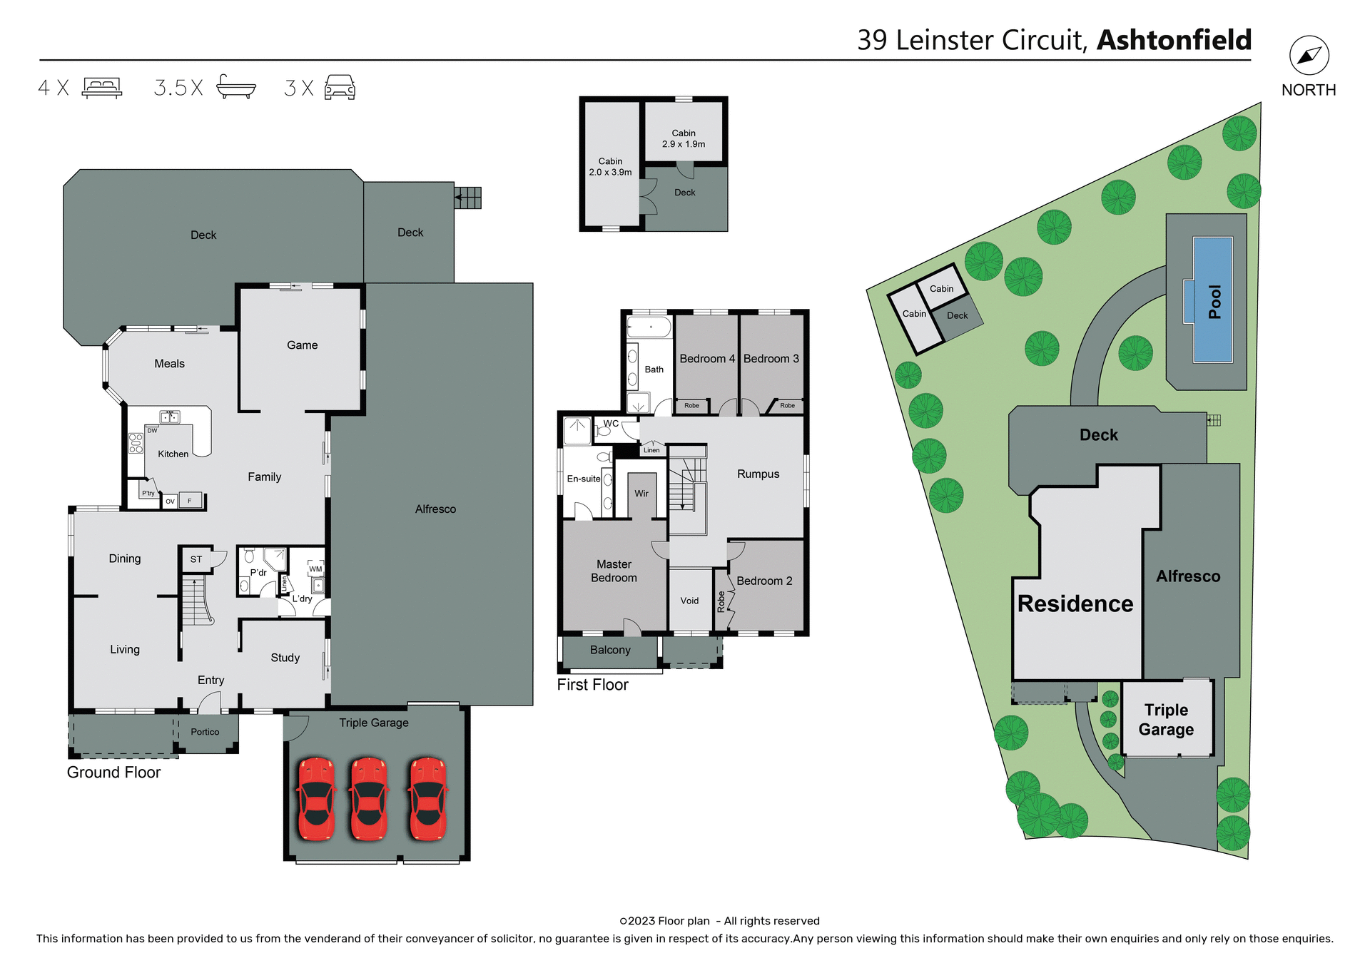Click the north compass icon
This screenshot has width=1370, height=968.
(x=1309, y=56)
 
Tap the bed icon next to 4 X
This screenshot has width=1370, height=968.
(x=102, y=88)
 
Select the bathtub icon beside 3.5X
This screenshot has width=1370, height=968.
(x=235, y=87)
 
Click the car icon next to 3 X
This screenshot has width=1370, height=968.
(x=340, y=87)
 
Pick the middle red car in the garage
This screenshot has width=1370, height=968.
(x=368, y=799)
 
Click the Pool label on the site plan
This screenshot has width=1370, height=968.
(x=1214, y=302)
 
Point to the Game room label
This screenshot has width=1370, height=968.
(x=302, y=345)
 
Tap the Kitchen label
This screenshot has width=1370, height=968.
(x=173, y=454)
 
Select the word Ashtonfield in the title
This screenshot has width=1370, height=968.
(x=1174, y=40)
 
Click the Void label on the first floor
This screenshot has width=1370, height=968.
(x=689, y=601)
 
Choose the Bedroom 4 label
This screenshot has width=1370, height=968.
(x=706, y=359)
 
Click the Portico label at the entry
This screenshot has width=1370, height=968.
(x=205, y=732)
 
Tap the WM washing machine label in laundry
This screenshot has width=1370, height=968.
(x=315, y=569)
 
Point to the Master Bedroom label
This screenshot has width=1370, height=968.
(x=614, y=571)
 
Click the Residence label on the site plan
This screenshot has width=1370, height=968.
(x=1075, y=603)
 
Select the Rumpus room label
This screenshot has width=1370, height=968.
(x=758, y=474)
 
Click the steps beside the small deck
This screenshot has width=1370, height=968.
(x=468, y=198)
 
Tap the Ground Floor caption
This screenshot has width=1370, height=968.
(x=113, y=773)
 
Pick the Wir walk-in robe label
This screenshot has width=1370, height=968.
(x=641, y=494)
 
